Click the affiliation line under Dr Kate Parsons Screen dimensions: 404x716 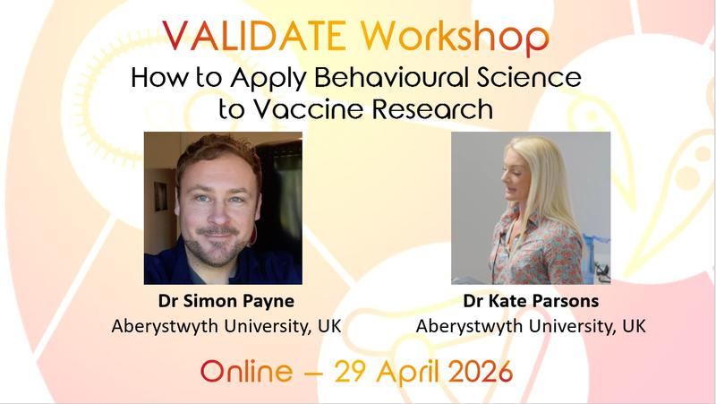point(531,325)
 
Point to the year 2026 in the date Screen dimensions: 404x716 point(470,370)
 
